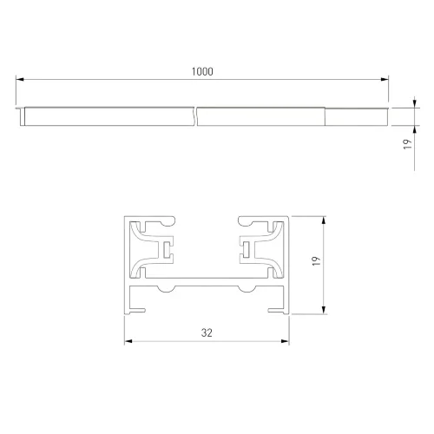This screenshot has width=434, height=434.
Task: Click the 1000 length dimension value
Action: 202,71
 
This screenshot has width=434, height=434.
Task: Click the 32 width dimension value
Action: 207,332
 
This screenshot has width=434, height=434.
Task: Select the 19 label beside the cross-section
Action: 317,261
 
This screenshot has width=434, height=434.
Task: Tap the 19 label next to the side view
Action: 407,144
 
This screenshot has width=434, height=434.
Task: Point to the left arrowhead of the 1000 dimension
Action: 20,79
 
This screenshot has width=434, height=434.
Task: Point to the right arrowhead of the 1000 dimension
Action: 385,79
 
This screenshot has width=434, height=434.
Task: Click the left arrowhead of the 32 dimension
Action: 128,341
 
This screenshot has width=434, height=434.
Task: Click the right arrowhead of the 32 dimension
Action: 285,341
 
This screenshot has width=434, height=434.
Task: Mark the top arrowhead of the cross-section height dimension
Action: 324,220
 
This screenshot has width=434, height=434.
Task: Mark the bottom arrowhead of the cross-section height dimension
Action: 324,310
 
